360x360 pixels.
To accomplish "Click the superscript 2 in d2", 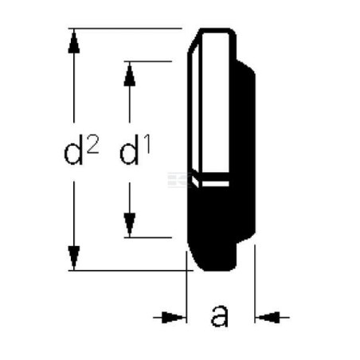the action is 92,144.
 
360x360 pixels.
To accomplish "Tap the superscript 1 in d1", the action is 147,145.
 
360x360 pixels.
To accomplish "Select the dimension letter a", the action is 220,316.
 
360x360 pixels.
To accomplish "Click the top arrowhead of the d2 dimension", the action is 74,41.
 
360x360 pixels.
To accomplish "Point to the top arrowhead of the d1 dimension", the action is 130,74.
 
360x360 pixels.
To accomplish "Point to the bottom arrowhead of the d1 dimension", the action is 130,225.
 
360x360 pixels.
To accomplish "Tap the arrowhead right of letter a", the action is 268,317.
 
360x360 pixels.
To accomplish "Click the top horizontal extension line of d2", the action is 125,28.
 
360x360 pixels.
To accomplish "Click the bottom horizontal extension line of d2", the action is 131,271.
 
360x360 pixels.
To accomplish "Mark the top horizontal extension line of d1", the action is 148,61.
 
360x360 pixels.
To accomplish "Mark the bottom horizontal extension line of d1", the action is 148,237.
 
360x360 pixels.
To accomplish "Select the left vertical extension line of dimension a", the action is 186,287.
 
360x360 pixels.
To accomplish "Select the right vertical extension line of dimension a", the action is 255,284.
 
